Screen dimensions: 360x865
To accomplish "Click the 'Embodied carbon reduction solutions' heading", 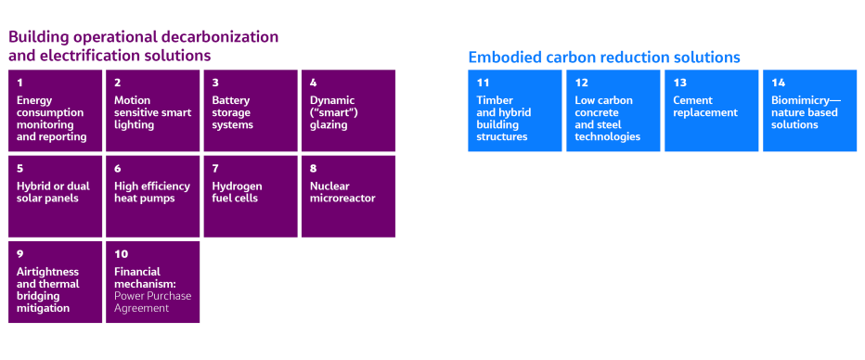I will coord(603,58).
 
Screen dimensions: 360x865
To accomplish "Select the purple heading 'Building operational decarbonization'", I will coord(144,37).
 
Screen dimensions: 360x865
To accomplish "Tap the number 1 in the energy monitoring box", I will coord(19,83).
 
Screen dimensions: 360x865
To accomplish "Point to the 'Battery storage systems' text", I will coord(232,112).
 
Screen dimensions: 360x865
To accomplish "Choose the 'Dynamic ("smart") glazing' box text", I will coord(332,112).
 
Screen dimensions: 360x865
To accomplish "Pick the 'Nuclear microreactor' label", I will coord(342,192).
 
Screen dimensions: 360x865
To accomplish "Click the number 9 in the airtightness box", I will coord(19,253).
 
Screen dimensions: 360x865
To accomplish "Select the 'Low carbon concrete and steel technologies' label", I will coord(607,118).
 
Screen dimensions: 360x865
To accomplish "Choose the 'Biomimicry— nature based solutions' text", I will coord(804,112).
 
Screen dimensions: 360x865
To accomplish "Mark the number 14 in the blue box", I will coord(778,83).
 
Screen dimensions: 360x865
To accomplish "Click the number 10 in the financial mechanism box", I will coord(121,253).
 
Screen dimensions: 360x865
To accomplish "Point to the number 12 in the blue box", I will coord(581,83).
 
